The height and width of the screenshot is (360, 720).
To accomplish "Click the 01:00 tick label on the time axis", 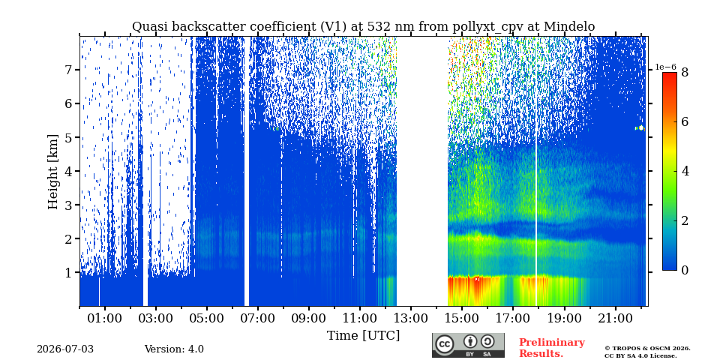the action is [105, 318].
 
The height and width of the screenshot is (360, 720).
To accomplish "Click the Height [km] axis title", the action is [53, 172].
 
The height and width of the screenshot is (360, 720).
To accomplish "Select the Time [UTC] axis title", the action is [363, 336].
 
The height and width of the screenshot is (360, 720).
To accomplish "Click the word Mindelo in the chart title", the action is [569, 27].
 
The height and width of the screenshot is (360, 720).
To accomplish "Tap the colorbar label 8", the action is [685, 72].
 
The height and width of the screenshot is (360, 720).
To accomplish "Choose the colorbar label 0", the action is [685, 271].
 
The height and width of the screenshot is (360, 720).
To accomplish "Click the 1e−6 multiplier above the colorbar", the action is [666, 67].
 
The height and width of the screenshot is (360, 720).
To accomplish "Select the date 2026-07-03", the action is [65, 349].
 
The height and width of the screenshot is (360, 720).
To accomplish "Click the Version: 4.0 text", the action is [174, 349].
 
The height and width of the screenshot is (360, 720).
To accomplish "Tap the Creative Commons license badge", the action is [468, 345].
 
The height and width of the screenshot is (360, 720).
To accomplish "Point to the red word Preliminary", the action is [552, 343].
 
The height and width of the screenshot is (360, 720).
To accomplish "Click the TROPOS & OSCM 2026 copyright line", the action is [647, 349].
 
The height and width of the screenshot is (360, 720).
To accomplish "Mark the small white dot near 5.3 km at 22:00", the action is [641, 128].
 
